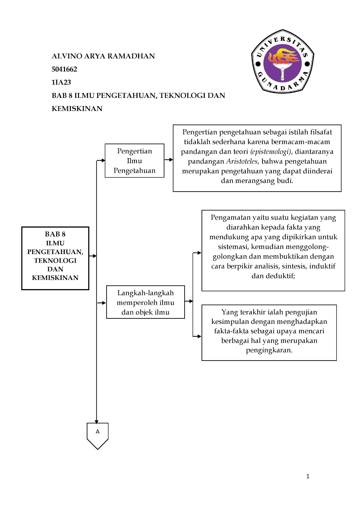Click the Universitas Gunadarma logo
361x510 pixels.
283,62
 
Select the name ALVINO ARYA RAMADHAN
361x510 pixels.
103,56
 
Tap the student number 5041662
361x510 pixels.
64,69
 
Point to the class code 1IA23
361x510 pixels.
61,82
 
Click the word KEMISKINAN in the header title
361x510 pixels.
77,108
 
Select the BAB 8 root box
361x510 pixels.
55,258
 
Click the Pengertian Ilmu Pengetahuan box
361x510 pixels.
134,161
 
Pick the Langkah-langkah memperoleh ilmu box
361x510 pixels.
145,302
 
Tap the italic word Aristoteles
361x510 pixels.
241,161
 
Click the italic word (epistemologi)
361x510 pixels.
270,152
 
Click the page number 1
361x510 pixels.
308,476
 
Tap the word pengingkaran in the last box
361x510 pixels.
269,350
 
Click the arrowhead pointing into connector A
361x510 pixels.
97,421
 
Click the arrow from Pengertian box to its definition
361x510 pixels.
169,159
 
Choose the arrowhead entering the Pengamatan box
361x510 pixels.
199,253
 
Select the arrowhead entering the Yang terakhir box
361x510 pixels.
199,336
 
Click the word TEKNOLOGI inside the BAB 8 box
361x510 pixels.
55,260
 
